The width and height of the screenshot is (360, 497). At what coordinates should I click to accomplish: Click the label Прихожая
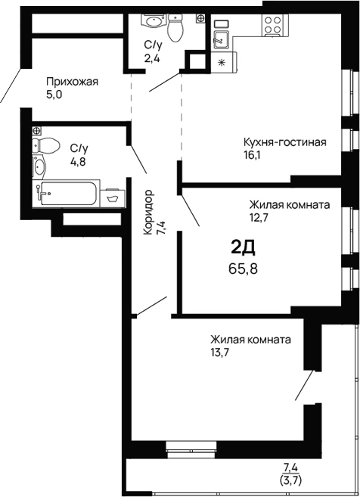coord(73,82)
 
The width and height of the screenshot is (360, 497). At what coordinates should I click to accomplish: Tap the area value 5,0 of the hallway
coord(54,95)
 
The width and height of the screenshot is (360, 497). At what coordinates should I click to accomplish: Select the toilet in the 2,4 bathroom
coord(175,28)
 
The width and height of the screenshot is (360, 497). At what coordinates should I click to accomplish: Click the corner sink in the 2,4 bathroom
coord(153,21)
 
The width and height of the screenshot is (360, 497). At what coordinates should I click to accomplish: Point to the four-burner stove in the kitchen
coord(273,25)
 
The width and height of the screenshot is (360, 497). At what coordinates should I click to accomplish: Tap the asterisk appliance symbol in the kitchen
coord(222,62)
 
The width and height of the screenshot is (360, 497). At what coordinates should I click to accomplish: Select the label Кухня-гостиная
coord(285,142)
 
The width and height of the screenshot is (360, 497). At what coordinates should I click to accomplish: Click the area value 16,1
coord(252,155)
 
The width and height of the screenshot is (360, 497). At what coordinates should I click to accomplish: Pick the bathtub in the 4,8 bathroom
coord(68,193)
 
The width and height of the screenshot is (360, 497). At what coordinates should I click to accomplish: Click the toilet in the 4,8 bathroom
coord(46,145)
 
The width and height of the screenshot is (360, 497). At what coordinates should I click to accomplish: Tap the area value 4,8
coord(78,162)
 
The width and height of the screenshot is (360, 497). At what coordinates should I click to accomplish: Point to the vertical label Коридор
coord(148,212)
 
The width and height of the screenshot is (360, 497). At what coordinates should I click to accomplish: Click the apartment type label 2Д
coord(243,247)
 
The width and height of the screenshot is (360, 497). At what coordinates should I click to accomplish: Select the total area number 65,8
coord(243,269)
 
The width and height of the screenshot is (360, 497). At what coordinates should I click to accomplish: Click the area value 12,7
coord(256,218)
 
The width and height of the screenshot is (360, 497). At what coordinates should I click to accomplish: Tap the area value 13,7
coord(219,353)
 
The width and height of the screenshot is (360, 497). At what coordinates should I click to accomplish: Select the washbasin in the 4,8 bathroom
coord(39,166)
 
